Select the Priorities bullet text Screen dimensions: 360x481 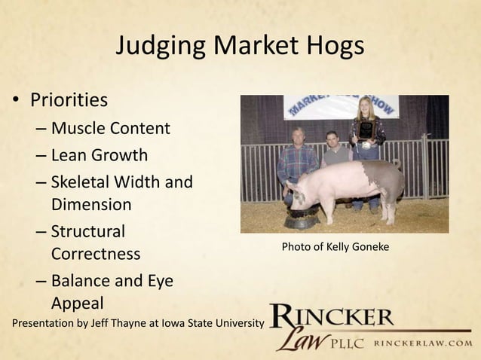(69, 100)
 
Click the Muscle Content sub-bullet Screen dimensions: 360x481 (110, 128)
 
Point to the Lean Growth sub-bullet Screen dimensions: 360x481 (99, 156)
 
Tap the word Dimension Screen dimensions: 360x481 (91, 204)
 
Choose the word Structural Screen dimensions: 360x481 (88, 232)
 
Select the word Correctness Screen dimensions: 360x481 (96, 254)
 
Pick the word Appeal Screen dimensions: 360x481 (77, 304)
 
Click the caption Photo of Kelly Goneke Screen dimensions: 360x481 (335, 246)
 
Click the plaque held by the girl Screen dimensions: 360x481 (366, 130)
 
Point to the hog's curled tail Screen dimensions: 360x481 (397, 163)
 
